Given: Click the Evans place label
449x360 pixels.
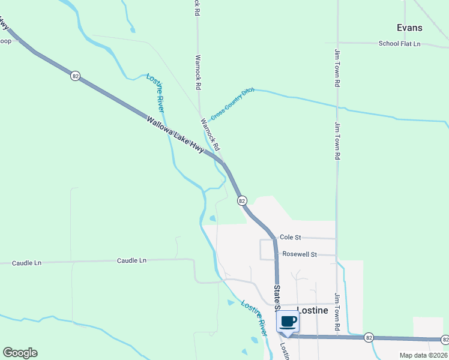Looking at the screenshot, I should coord(409,28).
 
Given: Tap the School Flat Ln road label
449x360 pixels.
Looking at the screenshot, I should coord(399,44).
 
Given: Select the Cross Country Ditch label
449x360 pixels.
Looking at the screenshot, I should coord(232,103).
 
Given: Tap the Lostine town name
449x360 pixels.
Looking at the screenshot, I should coord(312,310).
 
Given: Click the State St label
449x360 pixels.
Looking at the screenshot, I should coord(277,297).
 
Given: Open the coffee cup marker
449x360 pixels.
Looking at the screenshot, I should coord(288,322).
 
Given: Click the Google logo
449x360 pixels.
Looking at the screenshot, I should coord(20,353).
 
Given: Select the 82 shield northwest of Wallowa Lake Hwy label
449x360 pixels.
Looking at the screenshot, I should coord(75,76).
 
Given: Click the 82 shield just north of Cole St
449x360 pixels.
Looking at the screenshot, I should coord(241,201).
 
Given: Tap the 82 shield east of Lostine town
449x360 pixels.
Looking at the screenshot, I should coord(369,338).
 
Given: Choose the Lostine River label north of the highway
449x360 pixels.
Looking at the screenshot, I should coord(156,92).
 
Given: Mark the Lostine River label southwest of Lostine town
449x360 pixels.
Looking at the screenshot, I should coord(255,317).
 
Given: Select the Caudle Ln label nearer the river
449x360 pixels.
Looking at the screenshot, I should coord(131,260).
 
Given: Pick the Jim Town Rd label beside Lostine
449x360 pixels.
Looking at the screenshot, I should coord(337,312).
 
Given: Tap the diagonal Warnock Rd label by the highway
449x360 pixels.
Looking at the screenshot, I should coord(210,133).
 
